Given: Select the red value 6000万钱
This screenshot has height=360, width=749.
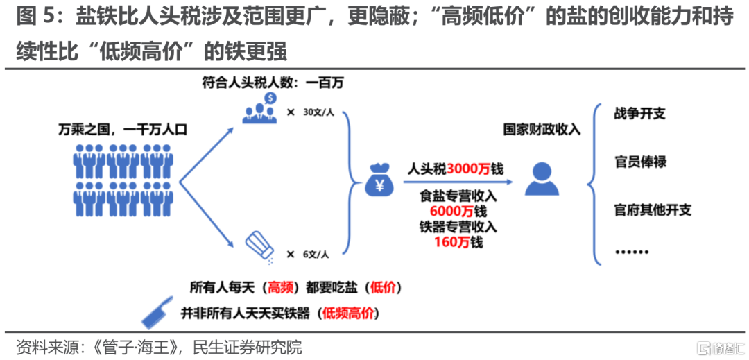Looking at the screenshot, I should pos(458,211).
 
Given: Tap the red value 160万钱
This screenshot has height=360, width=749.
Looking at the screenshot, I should pos(458,242).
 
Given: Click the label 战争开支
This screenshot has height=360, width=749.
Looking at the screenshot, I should pos(639,113).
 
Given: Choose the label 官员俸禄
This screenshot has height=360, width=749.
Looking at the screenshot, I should pos(639,162).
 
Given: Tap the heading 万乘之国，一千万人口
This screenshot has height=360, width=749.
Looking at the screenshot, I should pos(123,129).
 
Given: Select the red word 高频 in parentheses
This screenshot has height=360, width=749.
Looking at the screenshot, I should pos(282,287).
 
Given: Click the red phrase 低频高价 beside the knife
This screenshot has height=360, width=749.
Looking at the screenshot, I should pos(352,312).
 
